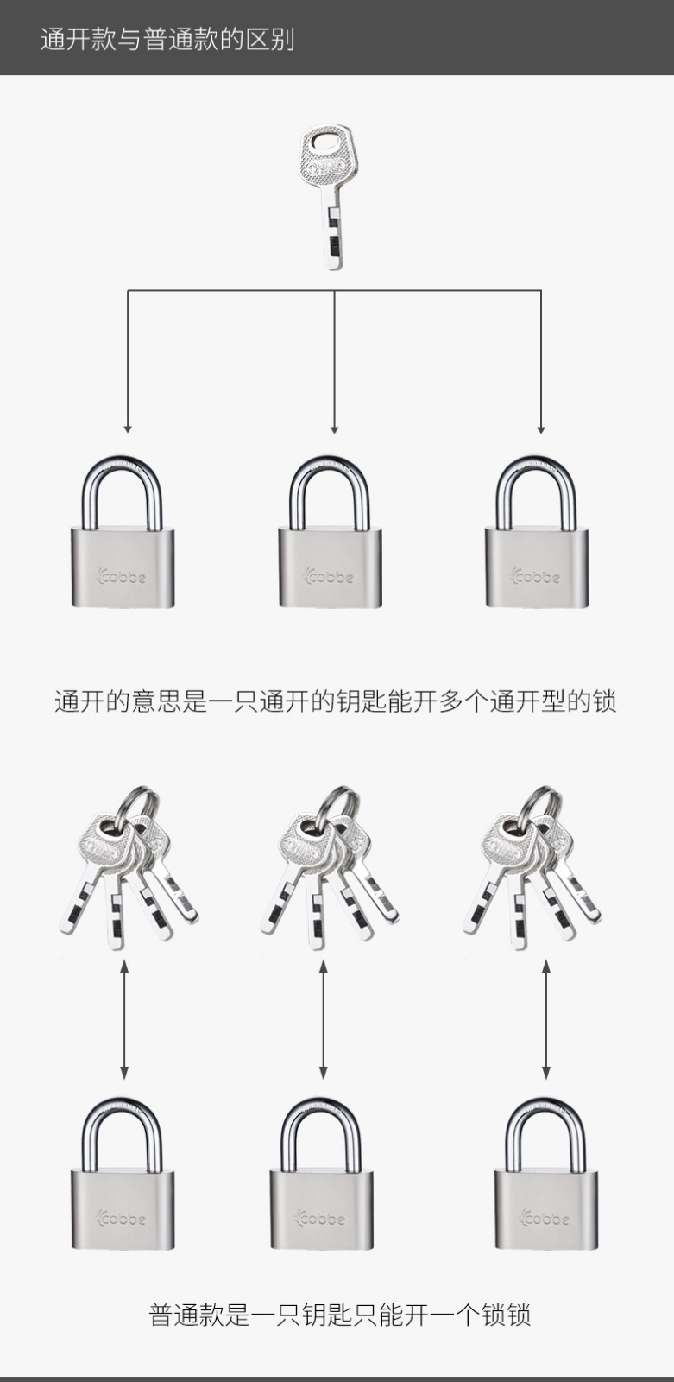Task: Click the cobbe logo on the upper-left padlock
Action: point(123,576)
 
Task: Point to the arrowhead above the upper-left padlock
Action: point(128,428)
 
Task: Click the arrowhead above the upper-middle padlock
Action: point(334,428)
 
